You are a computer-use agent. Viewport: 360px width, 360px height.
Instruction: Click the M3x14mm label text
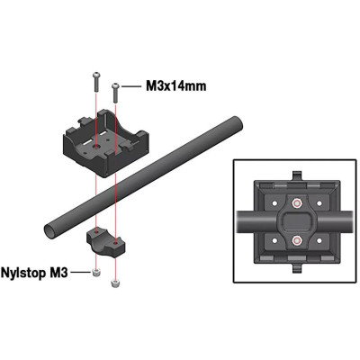[x=176, y=87]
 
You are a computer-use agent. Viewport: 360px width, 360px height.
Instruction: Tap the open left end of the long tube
[x=49, y=229]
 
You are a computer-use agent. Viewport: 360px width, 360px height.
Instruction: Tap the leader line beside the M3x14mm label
[x=131, y=87]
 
